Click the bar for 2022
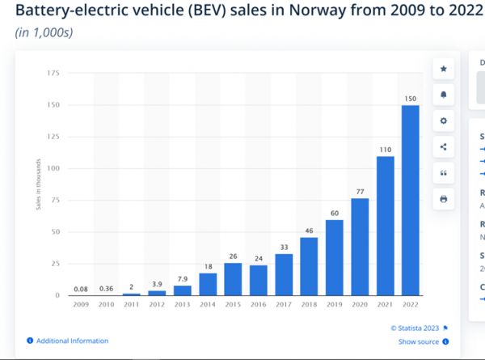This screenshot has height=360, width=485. [411, 200]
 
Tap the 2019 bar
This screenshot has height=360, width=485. [334, 257]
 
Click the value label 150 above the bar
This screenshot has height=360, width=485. [411, 99]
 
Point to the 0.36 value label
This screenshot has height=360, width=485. [105, 288]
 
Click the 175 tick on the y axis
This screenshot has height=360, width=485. [54, 74]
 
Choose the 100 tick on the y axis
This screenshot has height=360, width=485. [54, 168]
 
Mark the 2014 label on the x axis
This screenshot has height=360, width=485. [209, 306]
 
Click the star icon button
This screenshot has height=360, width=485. [443, 70]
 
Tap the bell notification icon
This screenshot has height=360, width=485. [443, 95]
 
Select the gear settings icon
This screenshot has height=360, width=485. [443, 121]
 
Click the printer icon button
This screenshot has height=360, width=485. [443, 198]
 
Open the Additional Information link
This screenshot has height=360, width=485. [72, 341]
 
